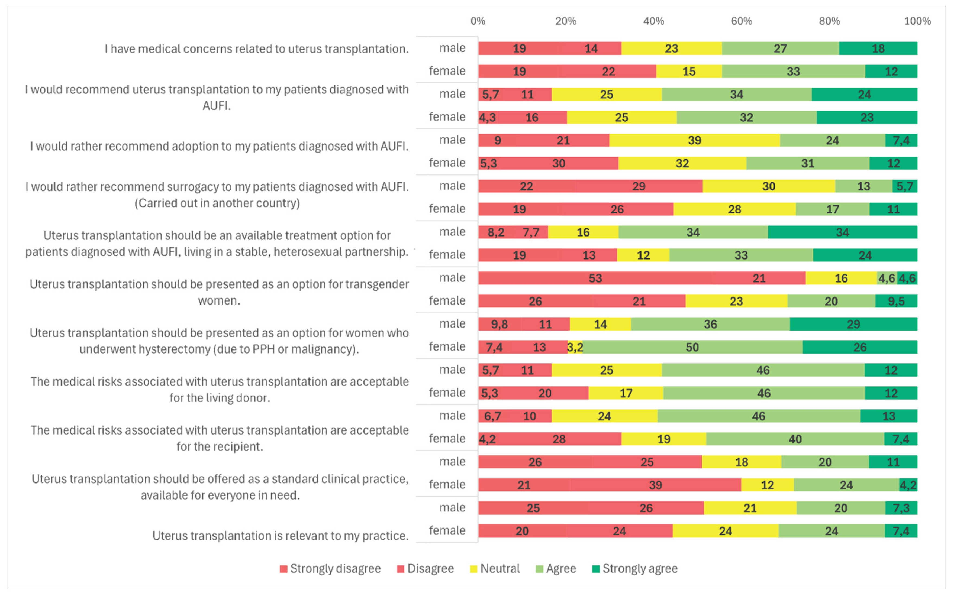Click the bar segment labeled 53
[595, 278]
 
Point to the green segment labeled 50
[692, 347]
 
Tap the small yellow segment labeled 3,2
[575, 347]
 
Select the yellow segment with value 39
[694, 140]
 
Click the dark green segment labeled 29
[853, 324]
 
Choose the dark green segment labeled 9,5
[896, 302]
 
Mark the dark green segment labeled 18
[878, 48]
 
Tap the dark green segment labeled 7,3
[901, 508]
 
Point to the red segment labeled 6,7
[493, 416]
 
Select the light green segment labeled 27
[780, 48]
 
